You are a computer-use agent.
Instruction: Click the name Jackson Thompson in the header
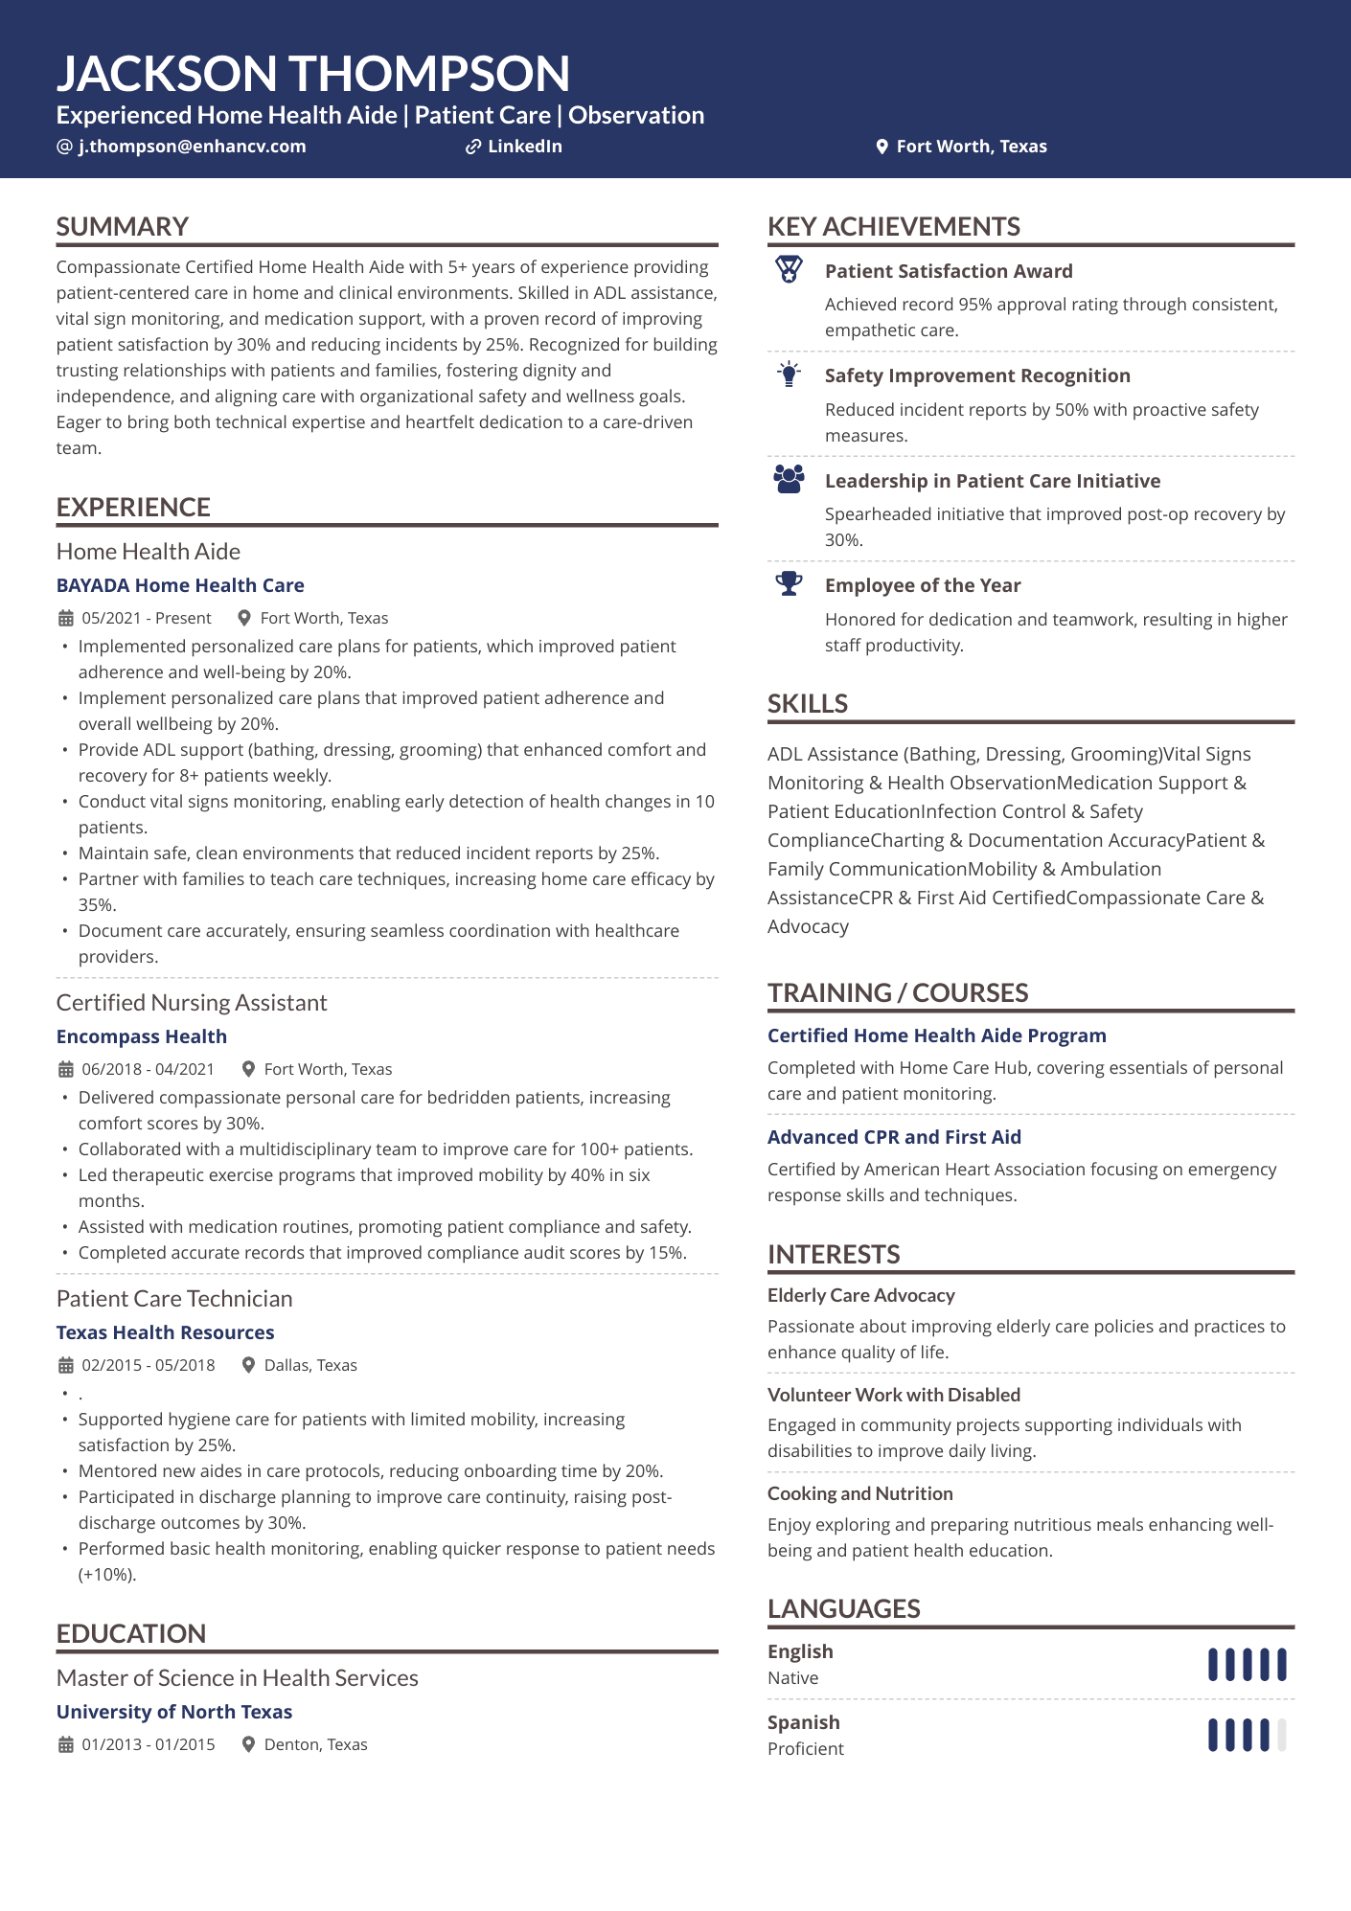coord(312,74)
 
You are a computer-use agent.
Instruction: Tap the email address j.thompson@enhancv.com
coord(192,147)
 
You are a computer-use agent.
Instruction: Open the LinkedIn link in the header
coord(524,147)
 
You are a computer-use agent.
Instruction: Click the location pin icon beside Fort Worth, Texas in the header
coord(882,147)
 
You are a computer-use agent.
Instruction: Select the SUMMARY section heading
coord(123,227)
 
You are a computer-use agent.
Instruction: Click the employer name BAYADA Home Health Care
coord(180,585)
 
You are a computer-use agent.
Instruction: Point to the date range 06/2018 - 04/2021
coord(148,1069)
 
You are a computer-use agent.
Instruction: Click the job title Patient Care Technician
coord(174,1299)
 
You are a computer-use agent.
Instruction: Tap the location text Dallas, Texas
coord(310,1365)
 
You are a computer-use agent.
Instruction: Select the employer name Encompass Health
coord(142,1036)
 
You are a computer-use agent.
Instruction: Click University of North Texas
coord(174,1712)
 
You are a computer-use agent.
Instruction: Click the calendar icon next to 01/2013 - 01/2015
coord(65,1744)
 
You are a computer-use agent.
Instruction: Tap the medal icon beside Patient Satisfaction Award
coord(789,270)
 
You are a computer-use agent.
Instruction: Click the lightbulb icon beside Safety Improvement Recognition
coord(789,375)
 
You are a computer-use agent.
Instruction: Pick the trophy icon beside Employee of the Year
coord(789,583)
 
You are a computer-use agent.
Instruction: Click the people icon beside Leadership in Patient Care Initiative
coord(789,479)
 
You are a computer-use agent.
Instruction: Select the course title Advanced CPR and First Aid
coord(894,1137)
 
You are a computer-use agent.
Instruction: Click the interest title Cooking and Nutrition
coord(859,1493)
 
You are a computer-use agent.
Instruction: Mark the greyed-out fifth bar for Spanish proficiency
coord(1282,1735)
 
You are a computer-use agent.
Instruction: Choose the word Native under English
coord(792,1678)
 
